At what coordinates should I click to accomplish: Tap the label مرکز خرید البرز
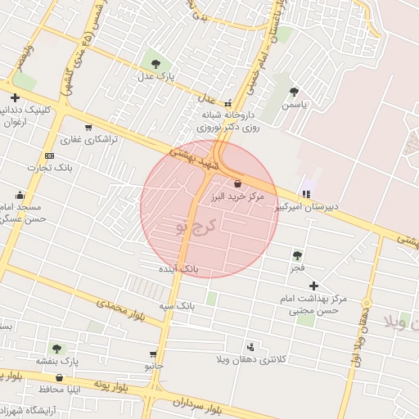[x=237, y=198]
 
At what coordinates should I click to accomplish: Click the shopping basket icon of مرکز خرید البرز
[x=237, y=183]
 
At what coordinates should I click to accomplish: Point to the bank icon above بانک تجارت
[x=49, y=155]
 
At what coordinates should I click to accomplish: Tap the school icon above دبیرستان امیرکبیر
[x=306, y=194]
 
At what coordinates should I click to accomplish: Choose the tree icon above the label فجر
[x=296, y=255]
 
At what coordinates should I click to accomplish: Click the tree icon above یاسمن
[x=294, y=92]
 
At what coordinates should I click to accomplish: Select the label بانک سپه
[x=178, y=305]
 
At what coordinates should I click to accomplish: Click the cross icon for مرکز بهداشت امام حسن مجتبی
[x=314, y=286]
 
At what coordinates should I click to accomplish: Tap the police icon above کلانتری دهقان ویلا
[x=250, y=346]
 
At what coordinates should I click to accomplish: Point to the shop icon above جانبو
[x=153, y=354]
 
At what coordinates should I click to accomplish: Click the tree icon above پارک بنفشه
[x=56, y=348]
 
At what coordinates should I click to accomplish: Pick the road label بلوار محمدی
[x=120, y=310]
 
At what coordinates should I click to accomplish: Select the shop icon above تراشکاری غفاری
[x=88, y=127]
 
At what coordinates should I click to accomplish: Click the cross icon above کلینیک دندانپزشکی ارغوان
[x=15, y=97]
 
